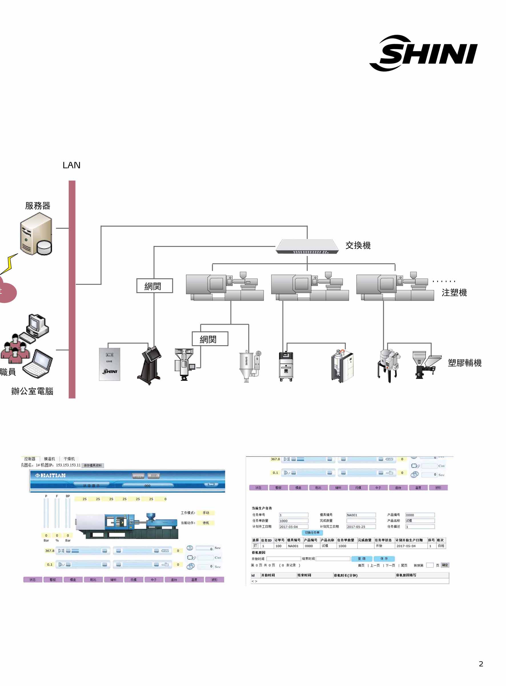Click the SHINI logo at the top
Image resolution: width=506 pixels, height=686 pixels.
(424, 53)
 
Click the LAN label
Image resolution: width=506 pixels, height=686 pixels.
(71, 165)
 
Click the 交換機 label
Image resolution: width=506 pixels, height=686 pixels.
(358, 245)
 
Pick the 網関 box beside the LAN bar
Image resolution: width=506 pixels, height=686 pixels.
(154, 286)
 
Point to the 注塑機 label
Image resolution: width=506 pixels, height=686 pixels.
(454, 293)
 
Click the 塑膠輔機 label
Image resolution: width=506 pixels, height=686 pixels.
(464, 363)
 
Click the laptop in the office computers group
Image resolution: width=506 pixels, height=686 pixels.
(38, 363)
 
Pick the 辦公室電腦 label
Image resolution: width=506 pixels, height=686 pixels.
(32, 391)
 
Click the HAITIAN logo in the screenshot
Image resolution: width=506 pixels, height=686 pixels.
(50, 475)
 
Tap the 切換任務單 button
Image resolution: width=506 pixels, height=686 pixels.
(312, 533)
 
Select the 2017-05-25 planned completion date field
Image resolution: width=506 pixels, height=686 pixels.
(361, 527)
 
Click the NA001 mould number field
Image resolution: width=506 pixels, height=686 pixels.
(361, 515)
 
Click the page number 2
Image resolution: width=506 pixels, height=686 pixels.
(481, 664)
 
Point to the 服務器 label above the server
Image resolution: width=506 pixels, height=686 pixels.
(38, 206)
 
